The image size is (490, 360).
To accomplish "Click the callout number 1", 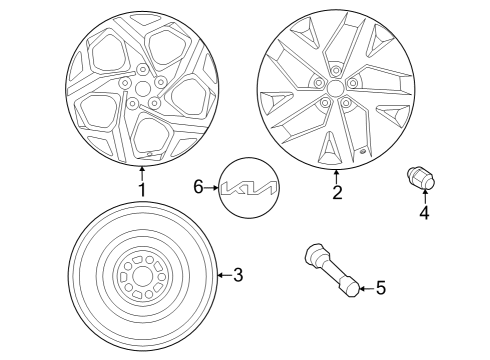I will [142, 190].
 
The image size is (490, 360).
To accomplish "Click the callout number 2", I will [337, 193].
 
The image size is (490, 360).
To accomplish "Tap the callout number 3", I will [237, 274].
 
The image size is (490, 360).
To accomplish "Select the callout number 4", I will [424, 212].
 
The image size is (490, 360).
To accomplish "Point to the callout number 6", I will [198, 187].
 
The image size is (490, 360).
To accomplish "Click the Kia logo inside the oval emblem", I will [250, 187].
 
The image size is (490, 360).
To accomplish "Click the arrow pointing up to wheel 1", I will [142, 174].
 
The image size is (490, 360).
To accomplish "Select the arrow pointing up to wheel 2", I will [337, 176].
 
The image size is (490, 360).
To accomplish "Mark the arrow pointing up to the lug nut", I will [424, 198].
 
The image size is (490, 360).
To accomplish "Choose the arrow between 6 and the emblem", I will [212, 187].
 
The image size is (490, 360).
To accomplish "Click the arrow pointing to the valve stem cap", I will [365, 289].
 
